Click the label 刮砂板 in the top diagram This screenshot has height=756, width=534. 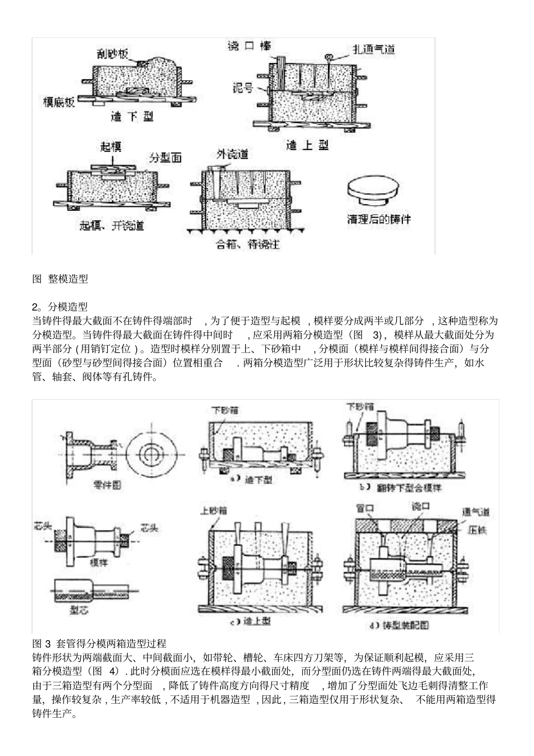click(113, 53)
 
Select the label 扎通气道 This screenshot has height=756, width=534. click(373, 49)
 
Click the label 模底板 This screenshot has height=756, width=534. click(60, 102)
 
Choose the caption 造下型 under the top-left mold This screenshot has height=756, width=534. click(133, 117)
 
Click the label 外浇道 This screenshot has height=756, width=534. click(232, 154)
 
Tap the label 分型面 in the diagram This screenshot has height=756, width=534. click(165, 158)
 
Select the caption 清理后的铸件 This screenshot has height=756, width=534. click(379, 219)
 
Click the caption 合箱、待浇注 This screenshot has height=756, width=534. click(248, 245)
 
